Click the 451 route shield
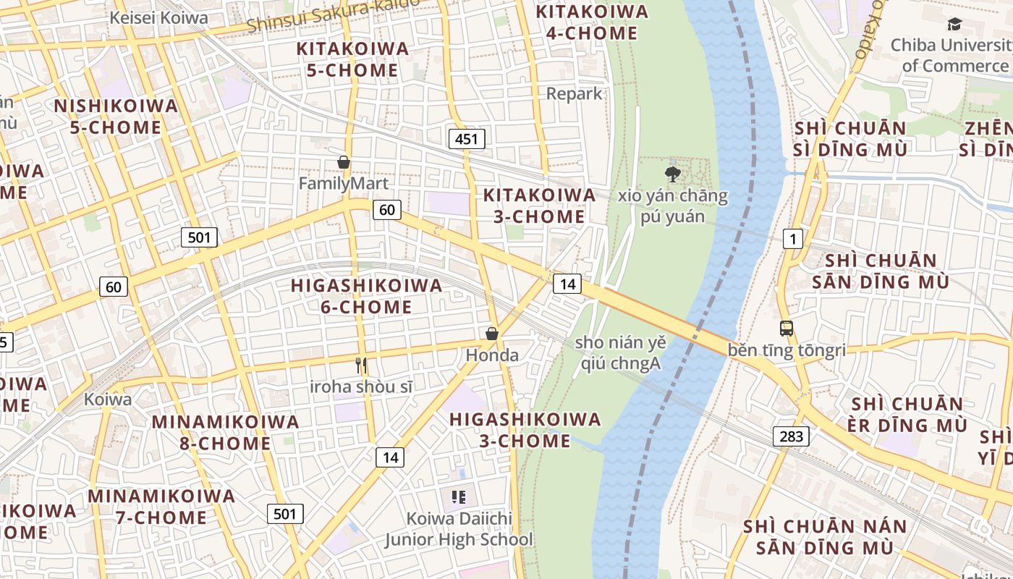(x=466, y=138)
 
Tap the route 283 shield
(x=791, y=436)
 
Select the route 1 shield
(x=793, y=238)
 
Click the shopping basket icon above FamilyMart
(x=344, y=162)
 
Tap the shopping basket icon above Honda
(x=492, y=334)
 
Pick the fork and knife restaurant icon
(x=362, y=365)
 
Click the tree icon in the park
(x=673, y=174)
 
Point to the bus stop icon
(x=787, y=329)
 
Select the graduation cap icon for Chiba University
(x=955, y=25)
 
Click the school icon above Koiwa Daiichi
(x=459, y=497)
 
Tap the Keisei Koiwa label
(x=158, y=18)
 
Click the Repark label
(x=574, y=93)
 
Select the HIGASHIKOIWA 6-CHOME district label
(x=366, y=296)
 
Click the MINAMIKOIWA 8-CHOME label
(x=225, y=432)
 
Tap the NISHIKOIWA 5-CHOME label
(x=116, y=117)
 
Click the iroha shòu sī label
(x=362, y=386)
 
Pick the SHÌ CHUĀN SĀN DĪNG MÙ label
(x=881, y=271)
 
